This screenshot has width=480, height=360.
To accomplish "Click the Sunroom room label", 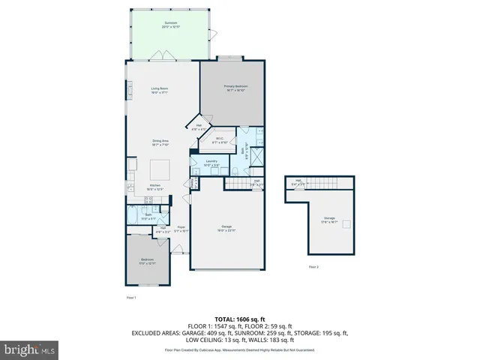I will [x=171, y=24].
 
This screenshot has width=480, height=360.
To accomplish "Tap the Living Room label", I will [x=159, y=91].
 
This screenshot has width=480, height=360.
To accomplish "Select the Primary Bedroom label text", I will [x=235, y=88].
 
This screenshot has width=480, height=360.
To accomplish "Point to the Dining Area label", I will [x=159, y=142].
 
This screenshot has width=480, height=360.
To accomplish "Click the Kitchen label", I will [x=155, y=187].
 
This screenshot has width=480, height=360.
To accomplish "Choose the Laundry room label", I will [x=211, y=162].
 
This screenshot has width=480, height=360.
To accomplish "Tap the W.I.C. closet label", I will [x=220, y=139].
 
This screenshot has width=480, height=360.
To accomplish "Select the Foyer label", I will [x=181, y=229].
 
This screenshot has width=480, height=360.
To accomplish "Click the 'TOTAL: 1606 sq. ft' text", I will [x=240, y=319].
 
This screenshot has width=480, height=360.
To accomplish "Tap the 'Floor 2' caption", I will [x=313, y=267].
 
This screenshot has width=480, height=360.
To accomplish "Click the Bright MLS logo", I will [x=30, y=349].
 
